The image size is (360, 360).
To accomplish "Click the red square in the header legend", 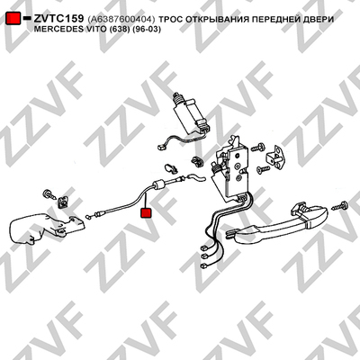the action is pyautogui.click(x=13, y=19).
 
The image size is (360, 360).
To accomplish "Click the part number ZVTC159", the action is pyautogui.click(x=58, y=19).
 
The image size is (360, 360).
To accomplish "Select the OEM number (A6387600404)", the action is pyautogui.click(x=121, y=20).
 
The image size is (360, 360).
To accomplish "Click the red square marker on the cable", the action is pyautogui.click(x=147, y=212).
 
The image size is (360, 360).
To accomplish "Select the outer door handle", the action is pyautogui.click(x=277, y=222).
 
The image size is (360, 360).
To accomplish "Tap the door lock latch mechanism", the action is pyautogui.click(x=231, y=171).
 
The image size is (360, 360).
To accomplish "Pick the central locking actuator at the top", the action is pyautogui.click(x=189, y=112).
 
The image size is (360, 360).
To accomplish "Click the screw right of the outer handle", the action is pyautogui.click(x=340, y=206).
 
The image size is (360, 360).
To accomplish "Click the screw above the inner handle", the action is pyautogui.click(x=49, y=193).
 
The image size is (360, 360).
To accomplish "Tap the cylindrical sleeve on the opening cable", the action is pyautogui.click(x=159, y=184).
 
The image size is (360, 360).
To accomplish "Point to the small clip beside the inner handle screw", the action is pyautogui.click(x=63, y=202).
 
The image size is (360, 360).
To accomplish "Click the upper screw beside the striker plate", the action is pyautogui.click(x=258, y=147).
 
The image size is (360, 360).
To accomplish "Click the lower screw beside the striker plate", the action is pyautogui.click(x=263, y=169).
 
